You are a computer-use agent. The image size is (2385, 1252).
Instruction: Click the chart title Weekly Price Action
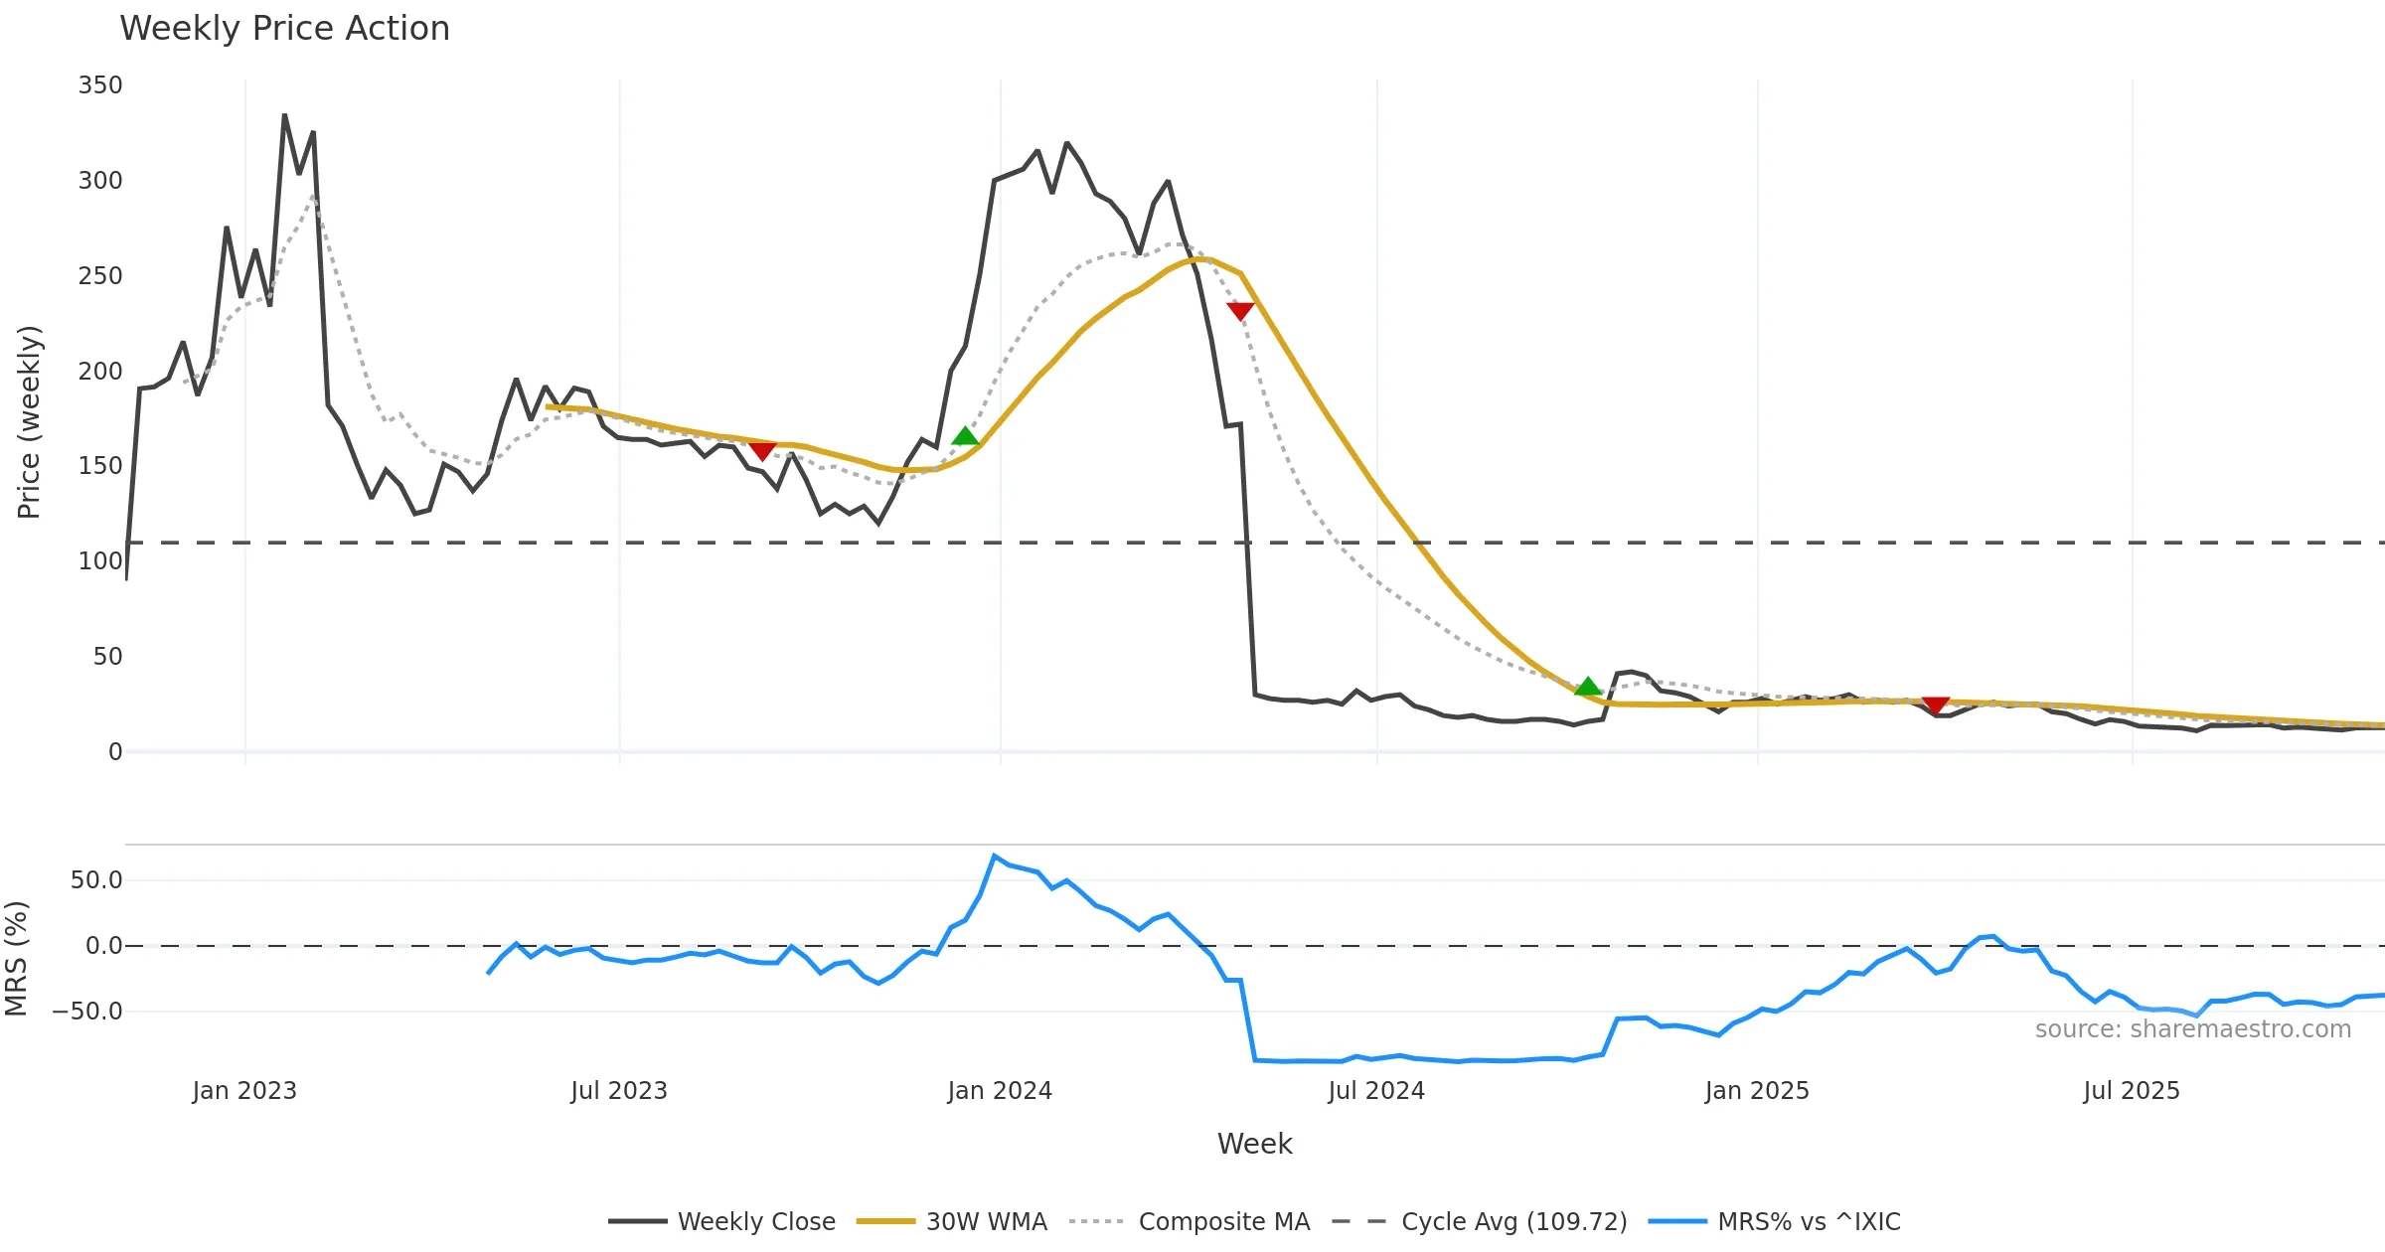tap(284, 29)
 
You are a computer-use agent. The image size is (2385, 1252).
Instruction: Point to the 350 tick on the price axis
tap(100, 85)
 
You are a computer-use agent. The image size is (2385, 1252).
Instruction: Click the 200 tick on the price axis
tap(100, 372)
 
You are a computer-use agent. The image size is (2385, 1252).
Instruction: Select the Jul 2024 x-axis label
tap(1376, 1091)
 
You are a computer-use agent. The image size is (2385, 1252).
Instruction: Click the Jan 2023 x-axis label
tap(244, 1091)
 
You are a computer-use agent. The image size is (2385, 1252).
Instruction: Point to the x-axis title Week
tap(1254, 1144)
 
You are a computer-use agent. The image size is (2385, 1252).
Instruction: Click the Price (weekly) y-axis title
tap(30, 421)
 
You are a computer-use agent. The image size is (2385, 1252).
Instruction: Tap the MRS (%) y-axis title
tap(17, 958)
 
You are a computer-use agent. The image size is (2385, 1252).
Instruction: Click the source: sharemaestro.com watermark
tap(2192, 1029)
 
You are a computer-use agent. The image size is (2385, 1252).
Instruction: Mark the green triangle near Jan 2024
tap(965, 436)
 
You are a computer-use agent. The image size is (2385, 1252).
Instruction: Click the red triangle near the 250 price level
tap(1240, 311)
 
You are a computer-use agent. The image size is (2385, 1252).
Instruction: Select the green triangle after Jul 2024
tap(1588, 686)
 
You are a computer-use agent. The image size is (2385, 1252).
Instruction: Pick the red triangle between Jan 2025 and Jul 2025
tap(1936, 705)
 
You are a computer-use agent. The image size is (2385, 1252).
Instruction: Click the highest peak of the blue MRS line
tap(994, 856)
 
